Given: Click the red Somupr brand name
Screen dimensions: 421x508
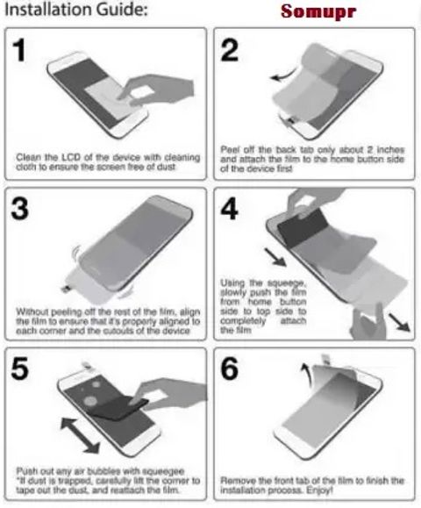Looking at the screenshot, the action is (318, 12).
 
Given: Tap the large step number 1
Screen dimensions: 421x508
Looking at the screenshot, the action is (19, 49).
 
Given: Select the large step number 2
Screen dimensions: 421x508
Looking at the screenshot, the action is (229, 50).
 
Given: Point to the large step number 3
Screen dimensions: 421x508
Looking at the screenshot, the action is (20, 209).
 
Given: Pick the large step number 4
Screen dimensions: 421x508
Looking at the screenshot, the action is (229, 209).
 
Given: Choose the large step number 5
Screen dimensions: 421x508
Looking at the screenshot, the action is (20, 368).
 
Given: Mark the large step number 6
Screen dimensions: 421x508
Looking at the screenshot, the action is (229, 368).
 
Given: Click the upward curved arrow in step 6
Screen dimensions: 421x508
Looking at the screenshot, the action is (306, 373).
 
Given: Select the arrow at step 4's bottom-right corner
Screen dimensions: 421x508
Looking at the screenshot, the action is (399, 322).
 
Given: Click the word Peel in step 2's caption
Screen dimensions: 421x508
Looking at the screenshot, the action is (228, 150).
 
